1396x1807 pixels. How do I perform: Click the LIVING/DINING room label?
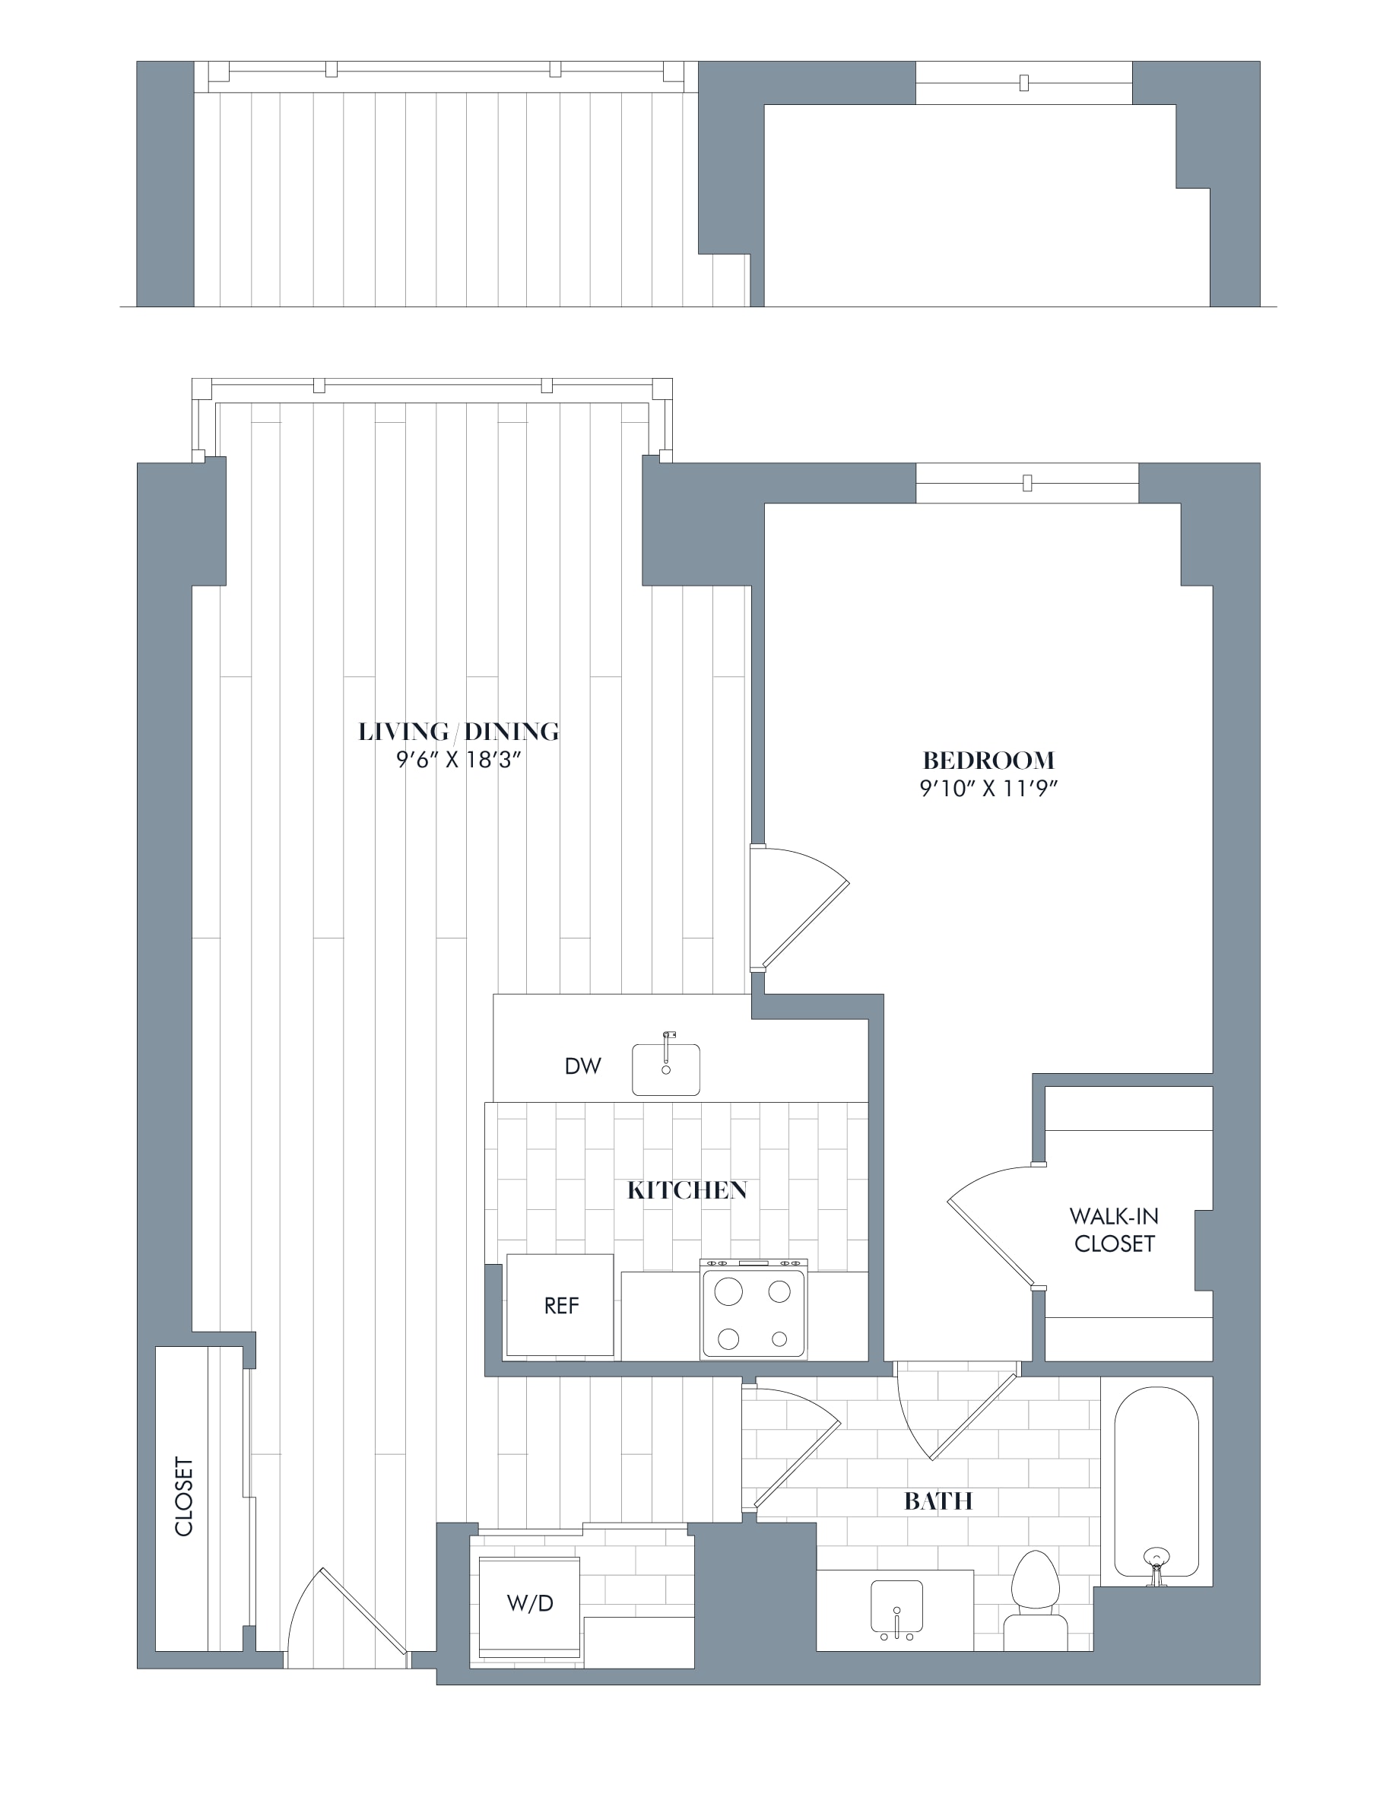click(458, 732)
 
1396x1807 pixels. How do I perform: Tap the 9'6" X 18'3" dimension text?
click(458, 761)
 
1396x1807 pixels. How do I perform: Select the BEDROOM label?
click(988, 760)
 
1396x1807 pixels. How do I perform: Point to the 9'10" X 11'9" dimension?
click(989, 789)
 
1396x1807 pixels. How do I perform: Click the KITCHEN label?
click(687, 1191)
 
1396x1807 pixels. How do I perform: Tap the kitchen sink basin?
click(666, 1069)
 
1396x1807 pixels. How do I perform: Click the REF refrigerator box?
click(560, 1305)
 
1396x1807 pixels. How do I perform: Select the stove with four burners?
click(754, 1308)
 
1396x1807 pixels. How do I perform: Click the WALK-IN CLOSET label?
click(1114, 1230)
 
